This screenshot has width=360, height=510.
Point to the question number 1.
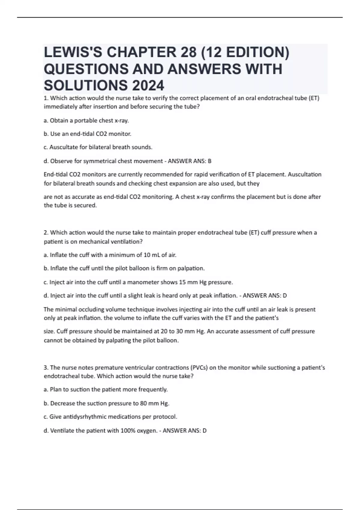(x=46, y=98)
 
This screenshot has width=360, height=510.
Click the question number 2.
(x=46, y=232)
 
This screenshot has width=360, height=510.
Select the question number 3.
(x=46, y=367)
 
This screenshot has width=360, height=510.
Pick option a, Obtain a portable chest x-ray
(x=86, y=121)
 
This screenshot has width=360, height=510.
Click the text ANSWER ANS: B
(x=190, y=161)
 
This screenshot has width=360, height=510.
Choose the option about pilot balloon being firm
(x=124, y=268)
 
